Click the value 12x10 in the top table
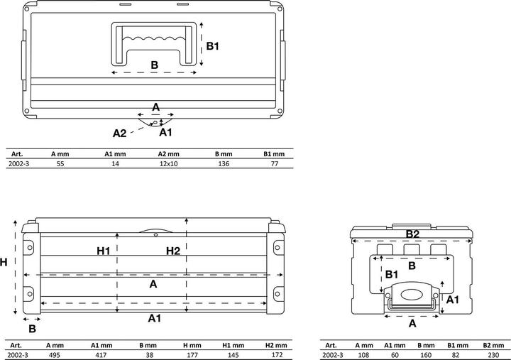coord(169,163)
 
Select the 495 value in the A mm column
coord(54,355)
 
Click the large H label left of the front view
coord(5,263)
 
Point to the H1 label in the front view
coord(104,251)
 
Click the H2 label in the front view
coord(173,251)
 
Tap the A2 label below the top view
coord(120,133)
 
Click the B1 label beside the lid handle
coord(214,46)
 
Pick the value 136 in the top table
coord(224,163)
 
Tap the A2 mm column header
coord(169,153)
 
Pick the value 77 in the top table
coord(274,163)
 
